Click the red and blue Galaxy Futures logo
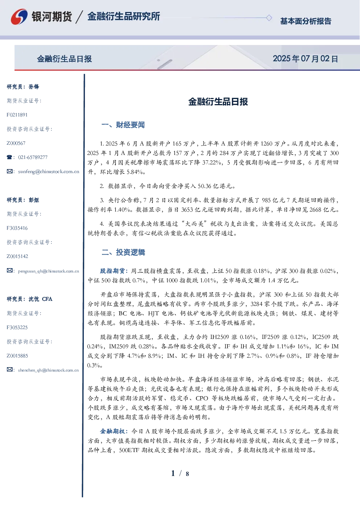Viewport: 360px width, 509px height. click(x=19, y=17)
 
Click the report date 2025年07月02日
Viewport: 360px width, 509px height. click(x=305, y=59)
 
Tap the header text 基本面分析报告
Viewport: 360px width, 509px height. click(x=306, y=21)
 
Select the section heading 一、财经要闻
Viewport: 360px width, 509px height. click(x=123, y=125)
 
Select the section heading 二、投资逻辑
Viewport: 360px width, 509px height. click(x=123, y=252)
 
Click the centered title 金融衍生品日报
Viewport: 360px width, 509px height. click(x=218, y=102)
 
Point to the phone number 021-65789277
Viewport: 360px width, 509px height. click(x=33, y=157)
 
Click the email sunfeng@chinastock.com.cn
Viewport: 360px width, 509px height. click(x=49, y=172)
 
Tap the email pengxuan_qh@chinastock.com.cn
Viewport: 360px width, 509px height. click(x=48, y=271)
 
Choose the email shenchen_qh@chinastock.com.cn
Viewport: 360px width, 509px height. click(x=48, y=370)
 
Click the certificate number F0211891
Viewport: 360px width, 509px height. click(x=17, y=115)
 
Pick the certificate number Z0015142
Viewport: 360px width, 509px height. click(x=17, y=256)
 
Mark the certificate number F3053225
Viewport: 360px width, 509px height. click(x=17, y=328)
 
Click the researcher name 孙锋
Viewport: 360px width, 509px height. click(x=34, y=87)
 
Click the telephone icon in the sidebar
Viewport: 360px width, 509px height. click(x=9, y=157)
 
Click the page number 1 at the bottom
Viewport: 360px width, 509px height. click(x=173, y=473)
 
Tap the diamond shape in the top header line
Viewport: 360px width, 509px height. click(x=269, y=18)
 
